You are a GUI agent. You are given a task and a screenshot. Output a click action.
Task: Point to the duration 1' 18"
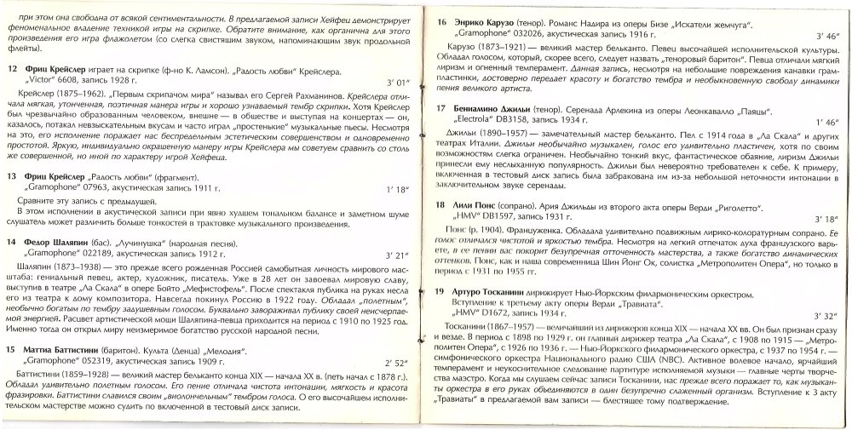pyautogui.click(x=398, y=186)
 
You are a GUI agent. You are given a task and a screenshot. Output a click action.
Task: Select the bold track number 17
pyautogui.click(x=441, y=109)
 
